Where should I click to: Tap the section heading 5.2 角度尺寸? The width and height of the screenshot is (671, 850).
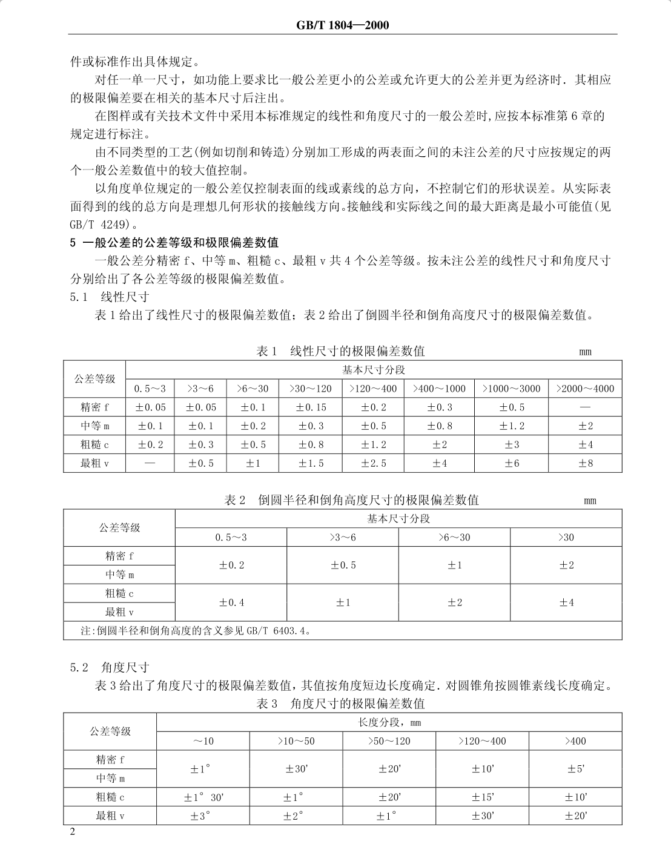[110, 668]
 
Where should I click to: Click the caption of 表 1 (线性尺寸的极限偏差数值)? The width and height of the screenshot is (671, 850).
[341, 351]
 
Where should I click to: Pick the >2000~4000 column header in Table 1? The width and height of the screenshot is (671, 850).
[585, 389]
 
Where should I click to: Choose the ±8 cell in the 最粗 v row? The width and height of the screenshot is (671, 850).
[585, 463]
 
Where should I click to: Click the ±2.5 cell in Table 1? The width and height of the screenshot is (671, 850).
[374, 463]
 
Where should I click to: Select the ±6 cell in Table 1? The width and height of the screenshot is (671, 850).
[512, 463]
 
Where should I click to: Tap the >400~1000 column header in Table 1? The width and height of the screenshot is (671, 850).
[440, 389]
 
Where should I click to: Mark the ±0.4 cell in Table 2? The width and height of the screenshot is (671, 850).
[231, 602]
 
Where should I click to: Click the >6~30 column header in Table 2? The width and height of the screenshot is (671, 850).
[454, 538]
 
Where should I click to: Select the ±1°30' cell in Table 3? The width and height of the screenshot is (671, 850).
[203, 797]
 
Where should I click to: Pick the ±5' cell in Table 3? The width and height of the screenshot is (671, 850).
[575, 769]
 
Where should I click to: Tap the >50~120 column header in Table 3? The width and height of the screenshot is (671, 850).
[389, 741]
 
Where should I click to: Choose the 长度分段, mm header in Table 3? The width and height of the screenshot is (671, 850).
[389, 722]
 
